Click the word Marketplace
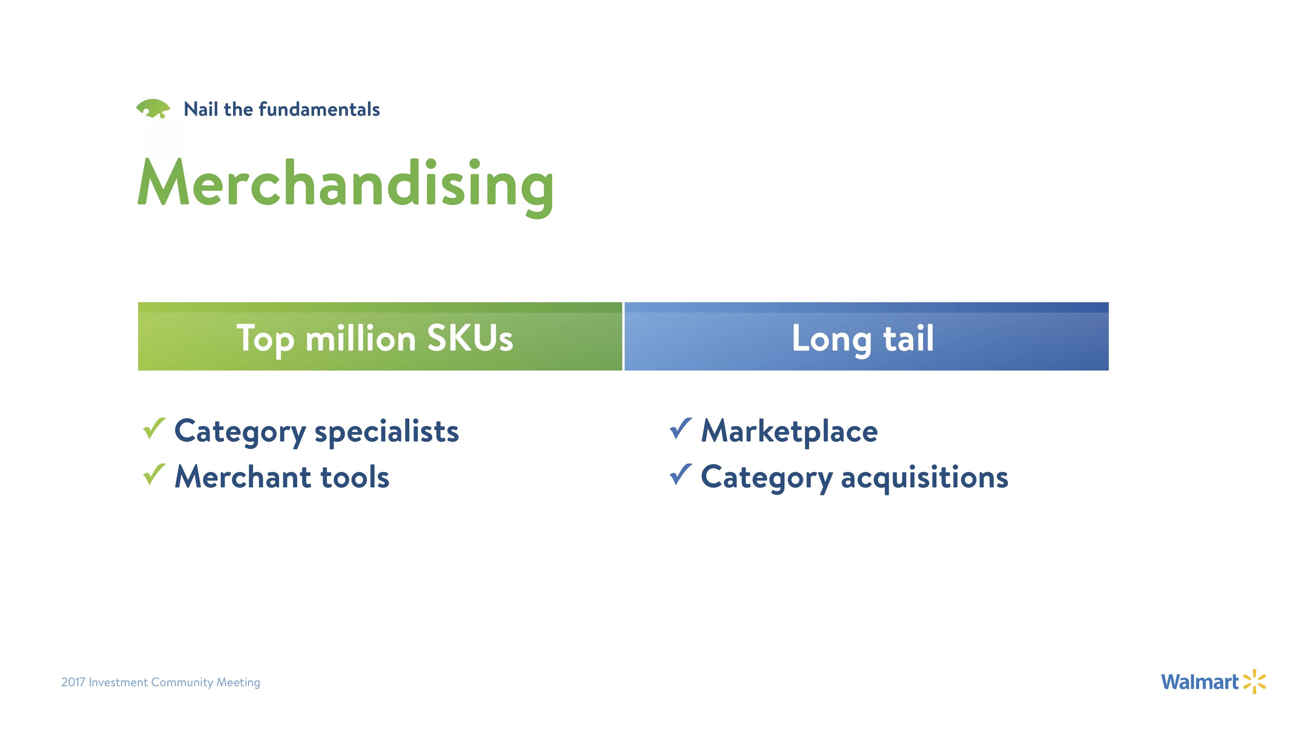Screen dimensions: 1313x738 point(789,432)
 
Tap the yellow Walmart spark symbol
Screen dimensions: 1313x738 point(1254,682)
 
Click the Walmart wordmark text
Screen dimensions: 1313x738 point(1200,682)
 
